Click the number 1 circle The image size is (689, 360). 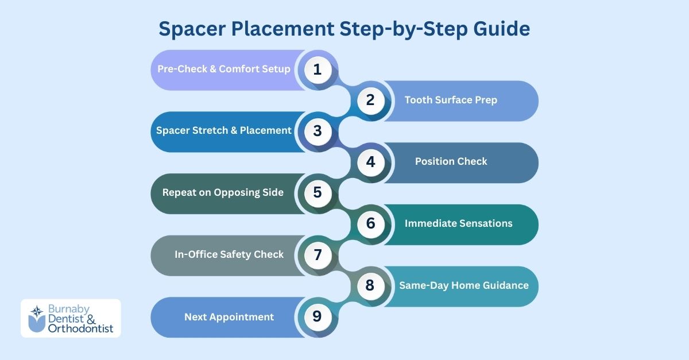pyautogui.click(x=318, y=69)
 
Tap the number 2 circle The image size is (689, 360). pyautogui.click(x=370, y=100)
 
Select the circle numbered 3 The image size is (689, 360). pyautogui.click(x=318, y=131)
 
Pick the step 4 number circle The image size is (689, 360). pyautogui.click(x=370, y=162)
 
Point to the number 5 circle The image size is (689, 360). pyautogui.click(x=318, y=193)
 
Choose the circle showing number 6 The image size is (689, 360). pyautogui.click(x=370, y=224)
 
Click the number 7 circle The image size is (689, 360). pyautogui.click(x=318, y=254)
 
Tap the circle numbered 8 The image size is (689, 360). pyautogui.click(x=370, y=285)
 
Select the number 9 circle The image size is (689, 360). pyautogui.click(x=318, y=316)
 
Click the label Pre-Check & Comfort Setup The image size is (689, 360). pyautogui.click(x=224, y=69)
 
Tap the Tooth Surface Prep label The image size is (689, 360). pyautogui.click(x=451, y=100)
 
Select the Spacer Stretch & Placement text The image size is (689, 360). pyautogui.click(x=224, y=130)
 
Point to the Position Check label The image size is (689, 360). pyautogui.click(x=451, y=161)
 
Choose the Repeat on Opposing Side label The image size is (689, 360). pyautogui.click(x=223, y=192)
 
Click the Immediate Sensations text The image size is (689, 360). pyautogui.click(x=458, y=223)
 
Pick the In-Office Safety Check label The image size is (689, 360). pyautogui.click(x=229, y=254)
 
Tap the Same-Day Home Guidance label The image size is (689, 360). pyautogui.click(x=464, y=285)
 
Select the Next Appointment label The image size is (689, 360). pyautogui.click(x=229, y=316)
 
